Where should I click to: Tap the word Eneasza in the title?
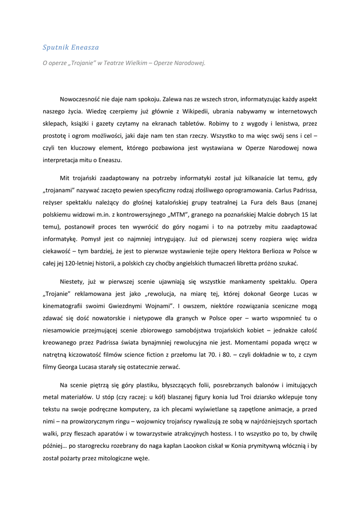click(x=86, y=47)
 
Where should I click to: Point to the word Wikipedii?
click(x=173, y=111)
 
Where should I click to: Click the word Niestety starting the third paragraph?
click(x=73, y=282)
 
